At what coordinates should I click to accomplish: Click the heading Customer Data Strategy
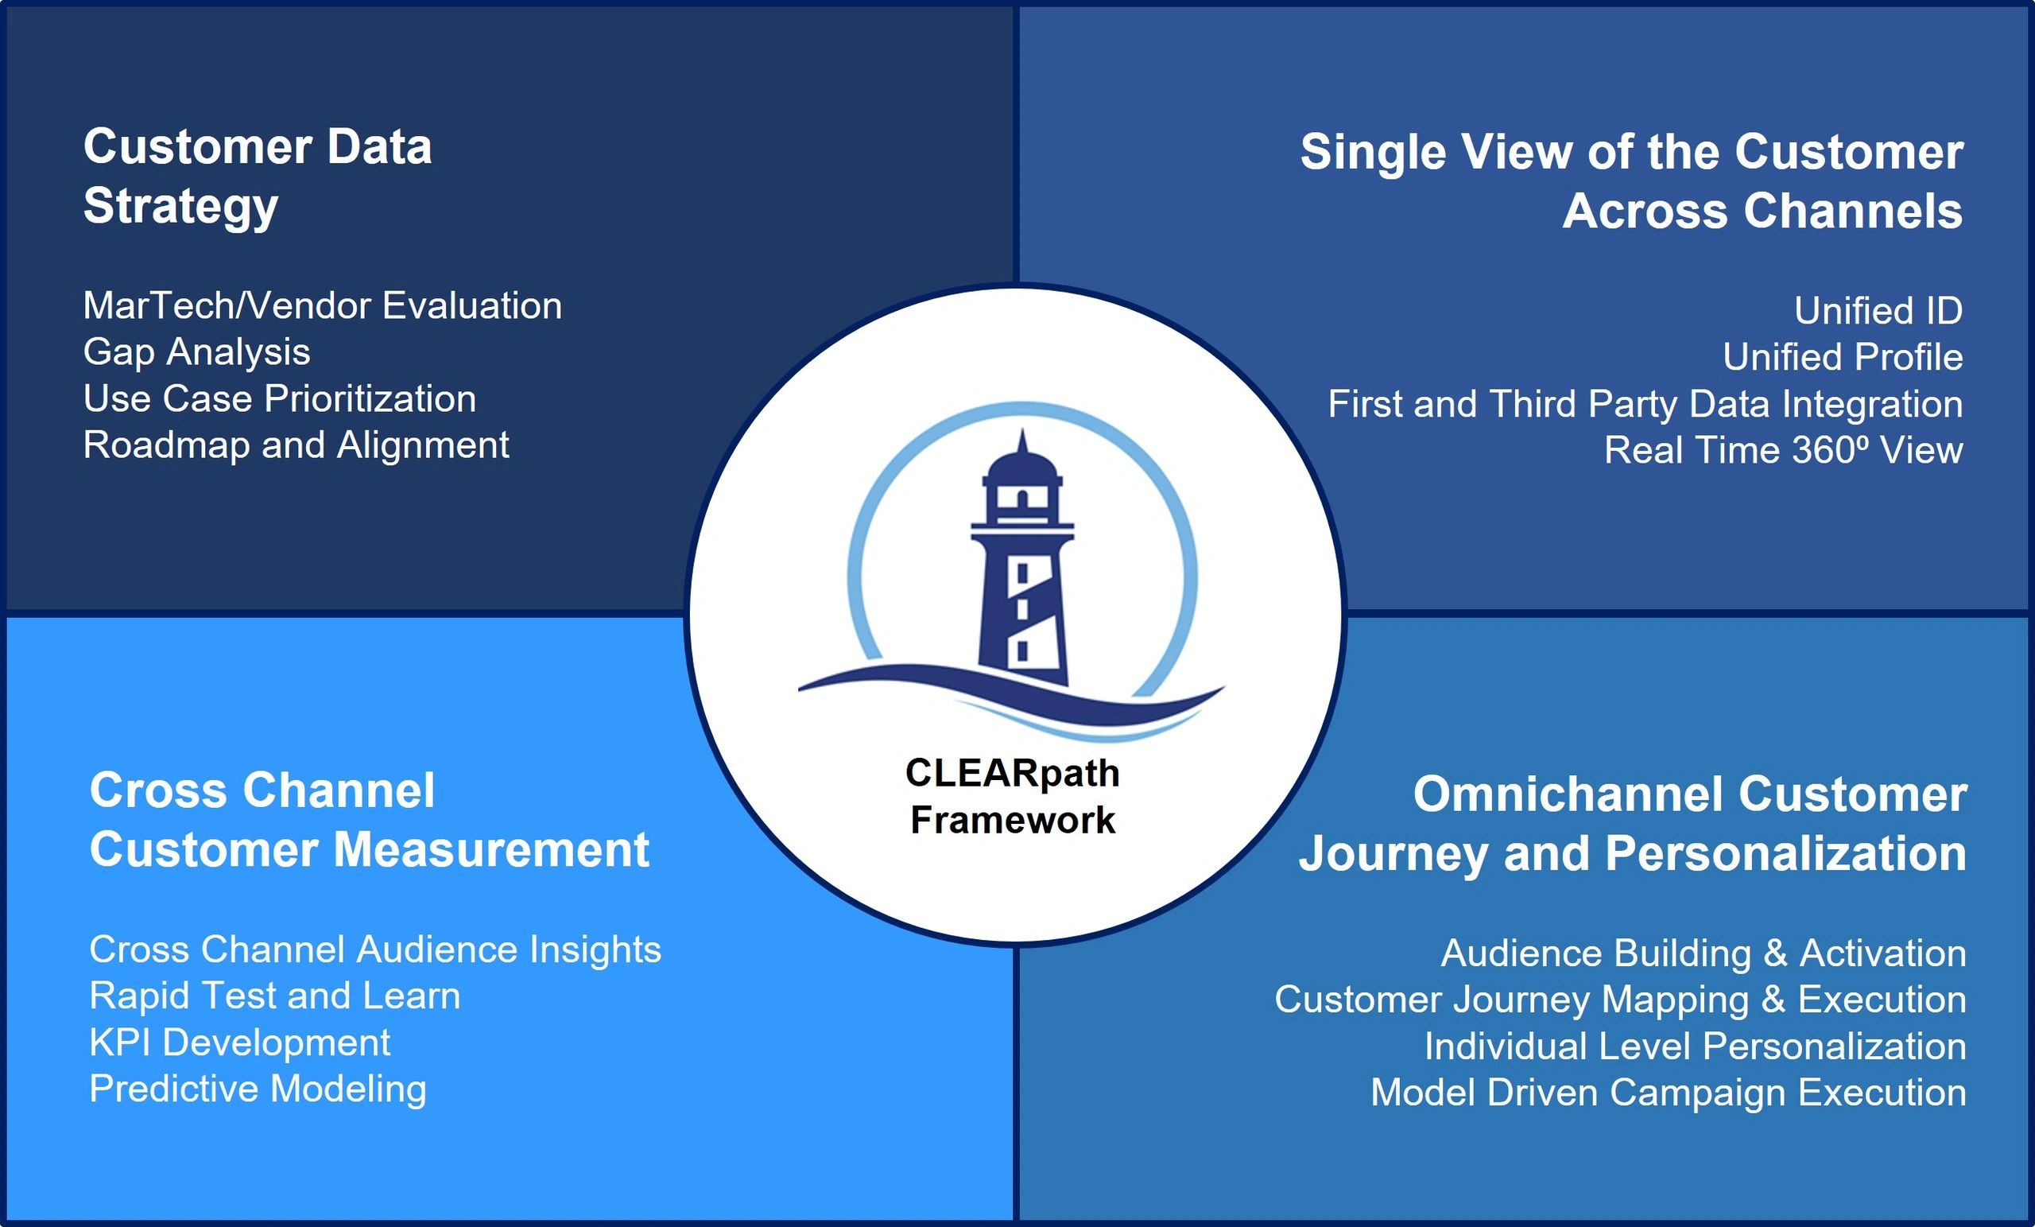(258, 177)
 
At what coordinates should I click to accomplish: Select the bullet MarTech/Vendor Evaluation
(322, 305)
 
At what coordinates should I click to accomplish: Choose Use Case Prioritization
(279, 399)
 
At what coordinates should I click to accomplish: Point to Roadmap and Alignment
(296, 445)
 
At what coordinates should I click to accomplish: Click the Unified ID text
(1878, 311)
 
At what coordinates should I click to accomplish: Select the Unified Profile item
(1843, 357)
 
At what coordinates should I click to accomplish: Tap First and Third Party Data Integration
(1645, 404)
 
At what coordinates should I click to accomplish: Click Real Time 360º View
(1783, 450)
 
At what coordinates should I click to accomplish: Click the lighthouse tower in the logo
(1022, 562)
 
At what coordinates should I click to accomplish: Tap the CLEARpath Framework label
(1013, 797)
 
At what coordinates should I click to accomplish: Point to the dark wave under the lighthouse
(1011, 694)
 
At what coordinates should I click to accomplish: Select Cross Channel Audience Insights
(375, 950)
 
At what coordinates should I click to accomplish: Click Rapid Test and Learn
(275, 996)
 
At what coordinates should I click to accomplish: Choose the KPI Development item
(239, 1043)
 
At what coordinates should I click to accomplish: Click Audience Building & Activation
(1703, 953)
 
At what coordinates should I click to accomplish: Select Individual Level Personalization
(1695, 1046)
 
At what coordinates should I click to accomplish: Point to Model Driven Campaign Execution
(1669, 1093)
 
